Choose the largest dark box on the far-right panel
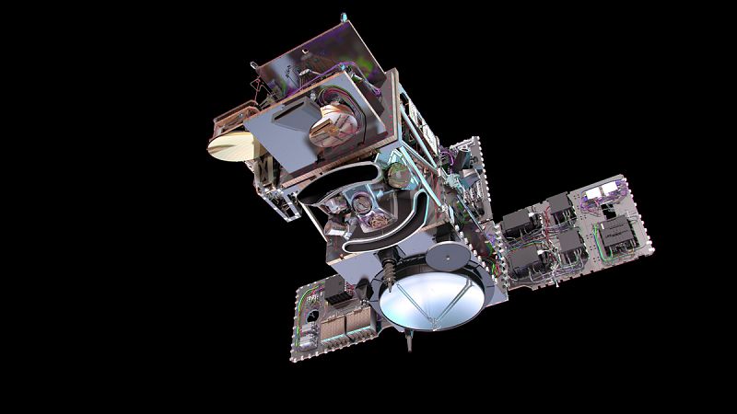coord(612,235)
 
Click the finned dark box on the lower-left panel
coord(333,293)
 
